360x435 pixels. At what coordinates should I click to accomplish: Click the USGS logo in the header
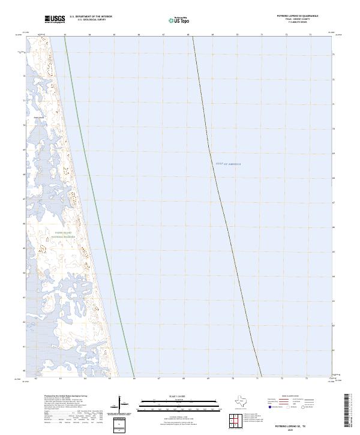55,19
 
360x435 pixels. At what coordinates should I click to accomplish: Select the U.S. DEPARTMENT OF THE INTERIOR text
91,17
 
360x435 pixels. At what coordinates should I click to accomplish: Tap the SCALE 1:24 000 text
178,396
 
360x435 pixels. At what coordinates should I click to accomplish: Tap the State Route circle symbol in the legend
311,407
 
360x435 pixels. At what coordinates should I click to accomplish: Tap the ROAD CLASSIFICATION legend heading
293,396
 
